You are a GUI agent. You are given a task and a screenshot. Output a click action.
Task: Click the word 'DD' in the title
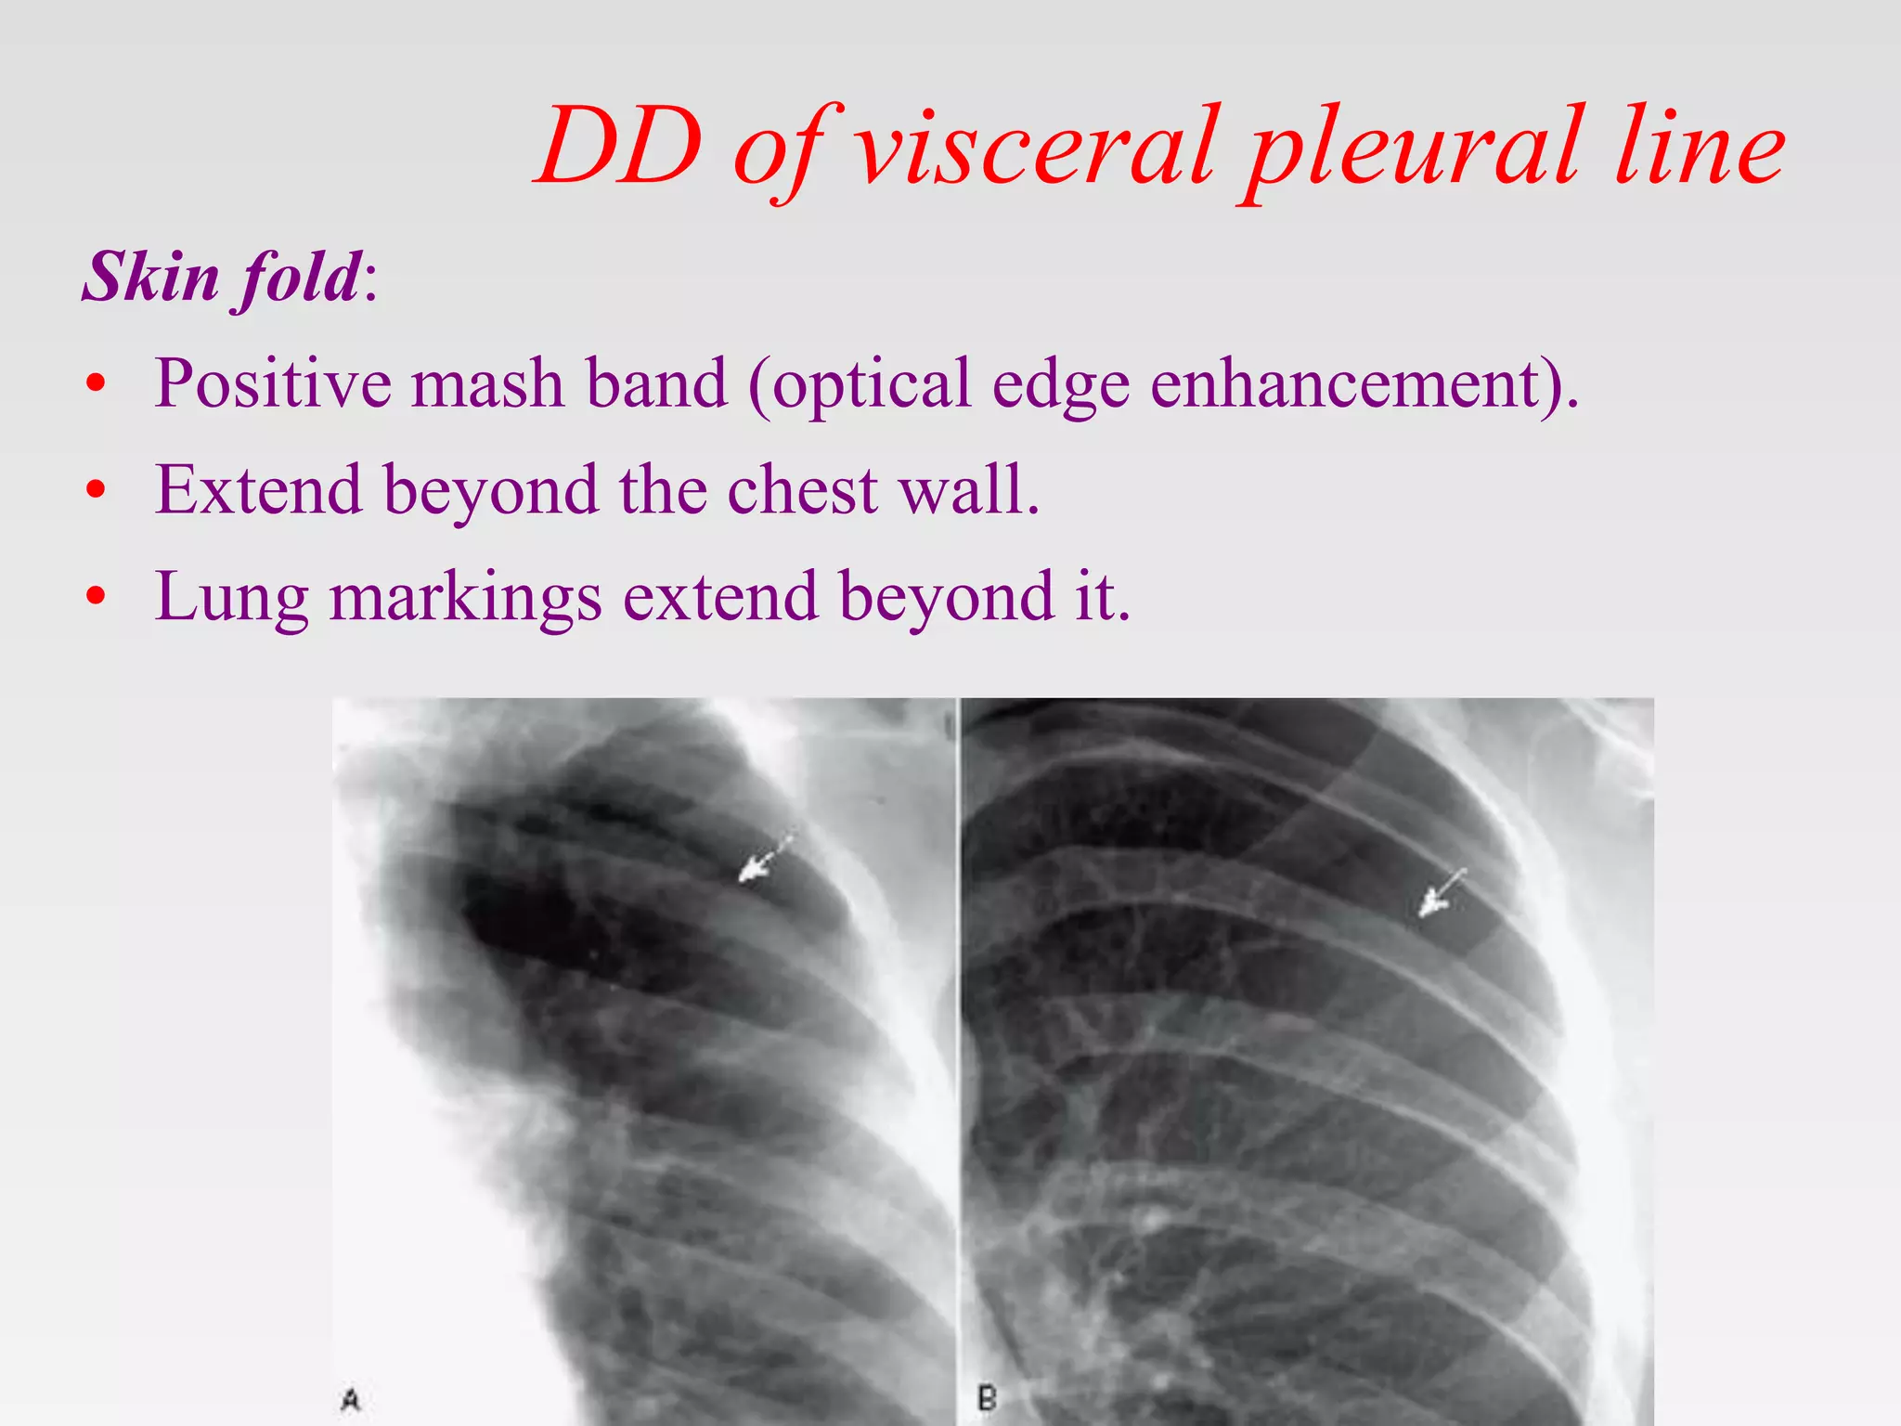pyautogui.click(x=619, y=147)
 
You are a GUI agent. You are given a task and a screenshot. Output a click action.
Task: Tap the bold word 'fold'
pyautogui.click(x=299, y=279)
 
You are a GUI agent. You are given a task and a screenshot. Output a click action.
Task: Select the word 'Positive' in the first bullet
pyautogui.click(x=273, y=382)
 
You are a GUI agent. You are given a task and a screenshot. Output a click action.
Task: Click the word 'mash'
pyautogui.click(x=487, y=382)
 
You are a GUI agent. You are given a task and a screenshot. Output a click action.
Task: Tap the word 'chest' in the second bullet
pyautogui.click(x=802, y=489)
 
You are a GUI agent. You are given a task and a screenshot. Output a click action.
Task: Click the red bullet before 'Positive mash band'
pyautogui.click(x=96, y=384)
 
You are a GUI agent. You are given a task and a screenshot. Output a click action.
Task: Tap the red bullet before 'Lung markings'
pyautogui.click(x=96, y=596)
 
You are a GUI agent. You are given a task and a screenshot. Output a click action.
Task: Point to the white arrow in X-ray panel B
pyautogui.click(x=1438, y=894)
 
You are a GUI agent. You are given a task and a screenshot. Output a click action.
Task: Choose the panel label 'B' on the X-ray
pyautogui.click(x=988, y=1398)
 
